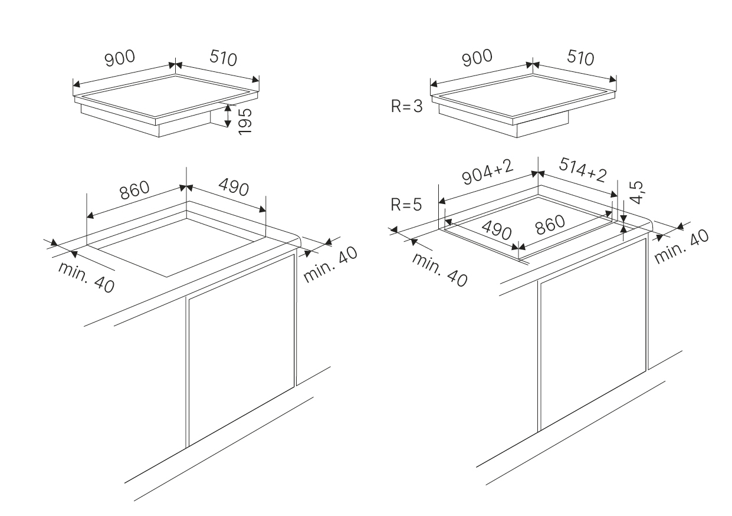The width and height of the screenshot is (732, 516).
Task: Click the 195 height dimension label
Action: click(244, 120)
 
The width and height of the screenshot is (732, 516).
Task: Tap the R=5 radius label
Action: click(406, 205)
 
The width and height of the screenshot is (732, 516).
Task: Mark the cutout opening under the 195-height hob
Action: click(177, 242)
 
